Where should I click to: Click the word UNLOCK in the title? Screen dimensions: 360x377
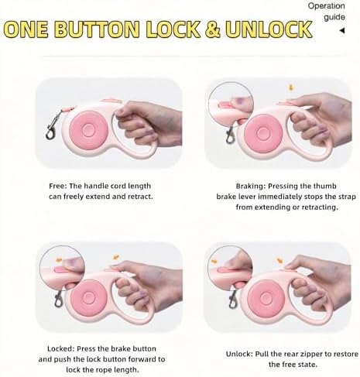coord(269,29)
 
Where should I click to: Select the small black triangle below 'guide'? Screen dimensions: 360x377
coord(342,31)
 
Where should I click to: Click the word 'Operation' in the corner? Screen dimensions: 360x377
coord(326,6)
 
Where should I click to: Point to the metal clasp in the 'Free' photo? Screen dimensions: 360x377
coord(53,125)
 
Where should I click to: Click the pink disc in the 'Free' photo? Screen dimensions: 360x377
coord(88,129)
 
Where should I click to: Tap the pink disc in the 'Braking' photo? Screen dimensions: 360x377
coord(263,133)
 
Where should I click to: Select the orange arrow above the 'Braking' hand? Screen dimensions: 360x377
coord(291,87)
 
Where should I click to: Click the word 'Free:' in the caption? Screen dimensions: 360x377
coord(58,186)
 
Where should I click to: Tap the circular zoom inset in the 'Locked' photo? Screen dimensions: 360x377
coord(62,269)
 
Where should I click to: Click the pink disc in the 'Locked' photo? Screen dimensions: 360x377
coord(88,296)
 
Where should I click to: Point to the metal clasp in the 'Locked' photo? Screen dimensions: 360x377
coord(59,299)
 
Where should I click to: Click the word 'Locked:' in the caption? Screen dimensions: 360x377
coord(61,349)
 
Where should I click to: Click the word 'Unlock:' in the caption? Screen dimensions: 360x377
coord(239,354)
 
